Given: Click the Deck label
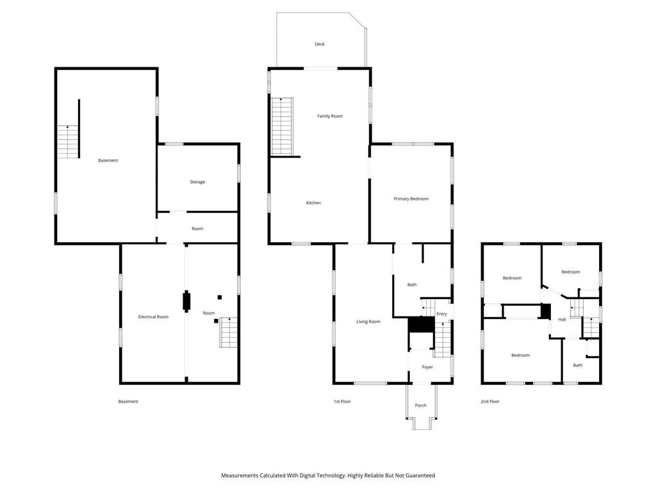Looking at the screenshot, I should point(320,44).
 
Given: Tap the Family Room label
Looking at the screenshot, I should point(330,116).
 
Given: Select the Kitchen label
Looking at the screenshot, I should point(313,203).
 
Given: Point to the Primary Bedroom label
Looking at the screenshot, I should point(411,199).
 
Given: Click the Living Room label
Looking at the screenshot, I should point(368,322).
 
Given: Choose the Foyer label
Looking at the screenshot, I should point(427,367).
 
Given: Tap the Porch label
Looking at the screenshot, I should point(421,406).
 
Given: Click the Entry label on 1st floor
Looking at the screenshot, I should point(441,314).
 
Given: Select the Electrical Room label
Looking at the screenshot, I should point(154,316).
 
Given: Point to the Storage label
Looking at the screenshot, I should point(197,182).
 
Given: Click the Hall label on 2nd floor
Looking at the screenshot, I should point(562,320).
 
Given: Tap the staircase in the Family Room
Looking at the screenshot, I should point(282,127).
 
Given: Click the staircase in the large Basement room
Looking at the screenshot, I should point(67,142).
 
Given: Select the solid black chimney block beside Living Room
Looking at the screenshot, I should point(421,325).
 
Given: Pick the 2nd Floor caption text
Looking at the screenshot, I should point(490,402).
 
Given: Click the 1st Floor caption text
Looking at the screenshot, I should point(342,402).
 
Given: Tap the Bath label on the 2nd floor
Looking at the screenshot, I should point(578,365).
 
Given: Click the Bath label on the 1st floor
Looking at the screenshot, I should point(412,284).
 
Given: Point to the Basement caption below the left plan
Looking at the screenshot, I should point(128,402).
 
